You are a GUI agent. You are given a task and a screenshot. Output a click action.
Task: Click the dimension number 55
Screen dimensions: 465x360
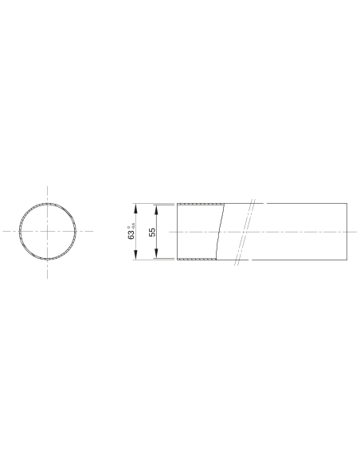click(151, 232)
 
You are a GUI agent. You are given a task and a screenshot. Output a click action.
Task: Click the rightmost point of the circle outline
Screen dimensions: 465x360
click(77, 232)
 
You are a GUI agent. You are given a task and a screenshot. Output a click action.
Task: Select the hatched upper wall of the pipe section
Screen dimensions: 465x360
click(198, 204)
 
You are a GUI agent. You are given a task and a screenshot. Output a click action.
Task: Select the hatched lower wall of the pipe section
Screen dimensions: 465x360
click(196, 259)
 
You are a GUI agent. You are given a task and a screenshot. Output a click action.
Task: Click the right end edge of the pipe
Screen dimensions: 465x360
click(348, 232)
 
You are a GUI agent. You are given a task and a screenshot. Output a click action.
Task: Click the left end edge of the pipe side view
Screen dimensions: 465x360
click(177, 232)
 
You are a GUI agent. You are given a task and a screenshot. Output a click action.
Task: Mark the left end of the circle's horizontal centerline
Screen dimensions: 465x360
click(3, 232)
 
